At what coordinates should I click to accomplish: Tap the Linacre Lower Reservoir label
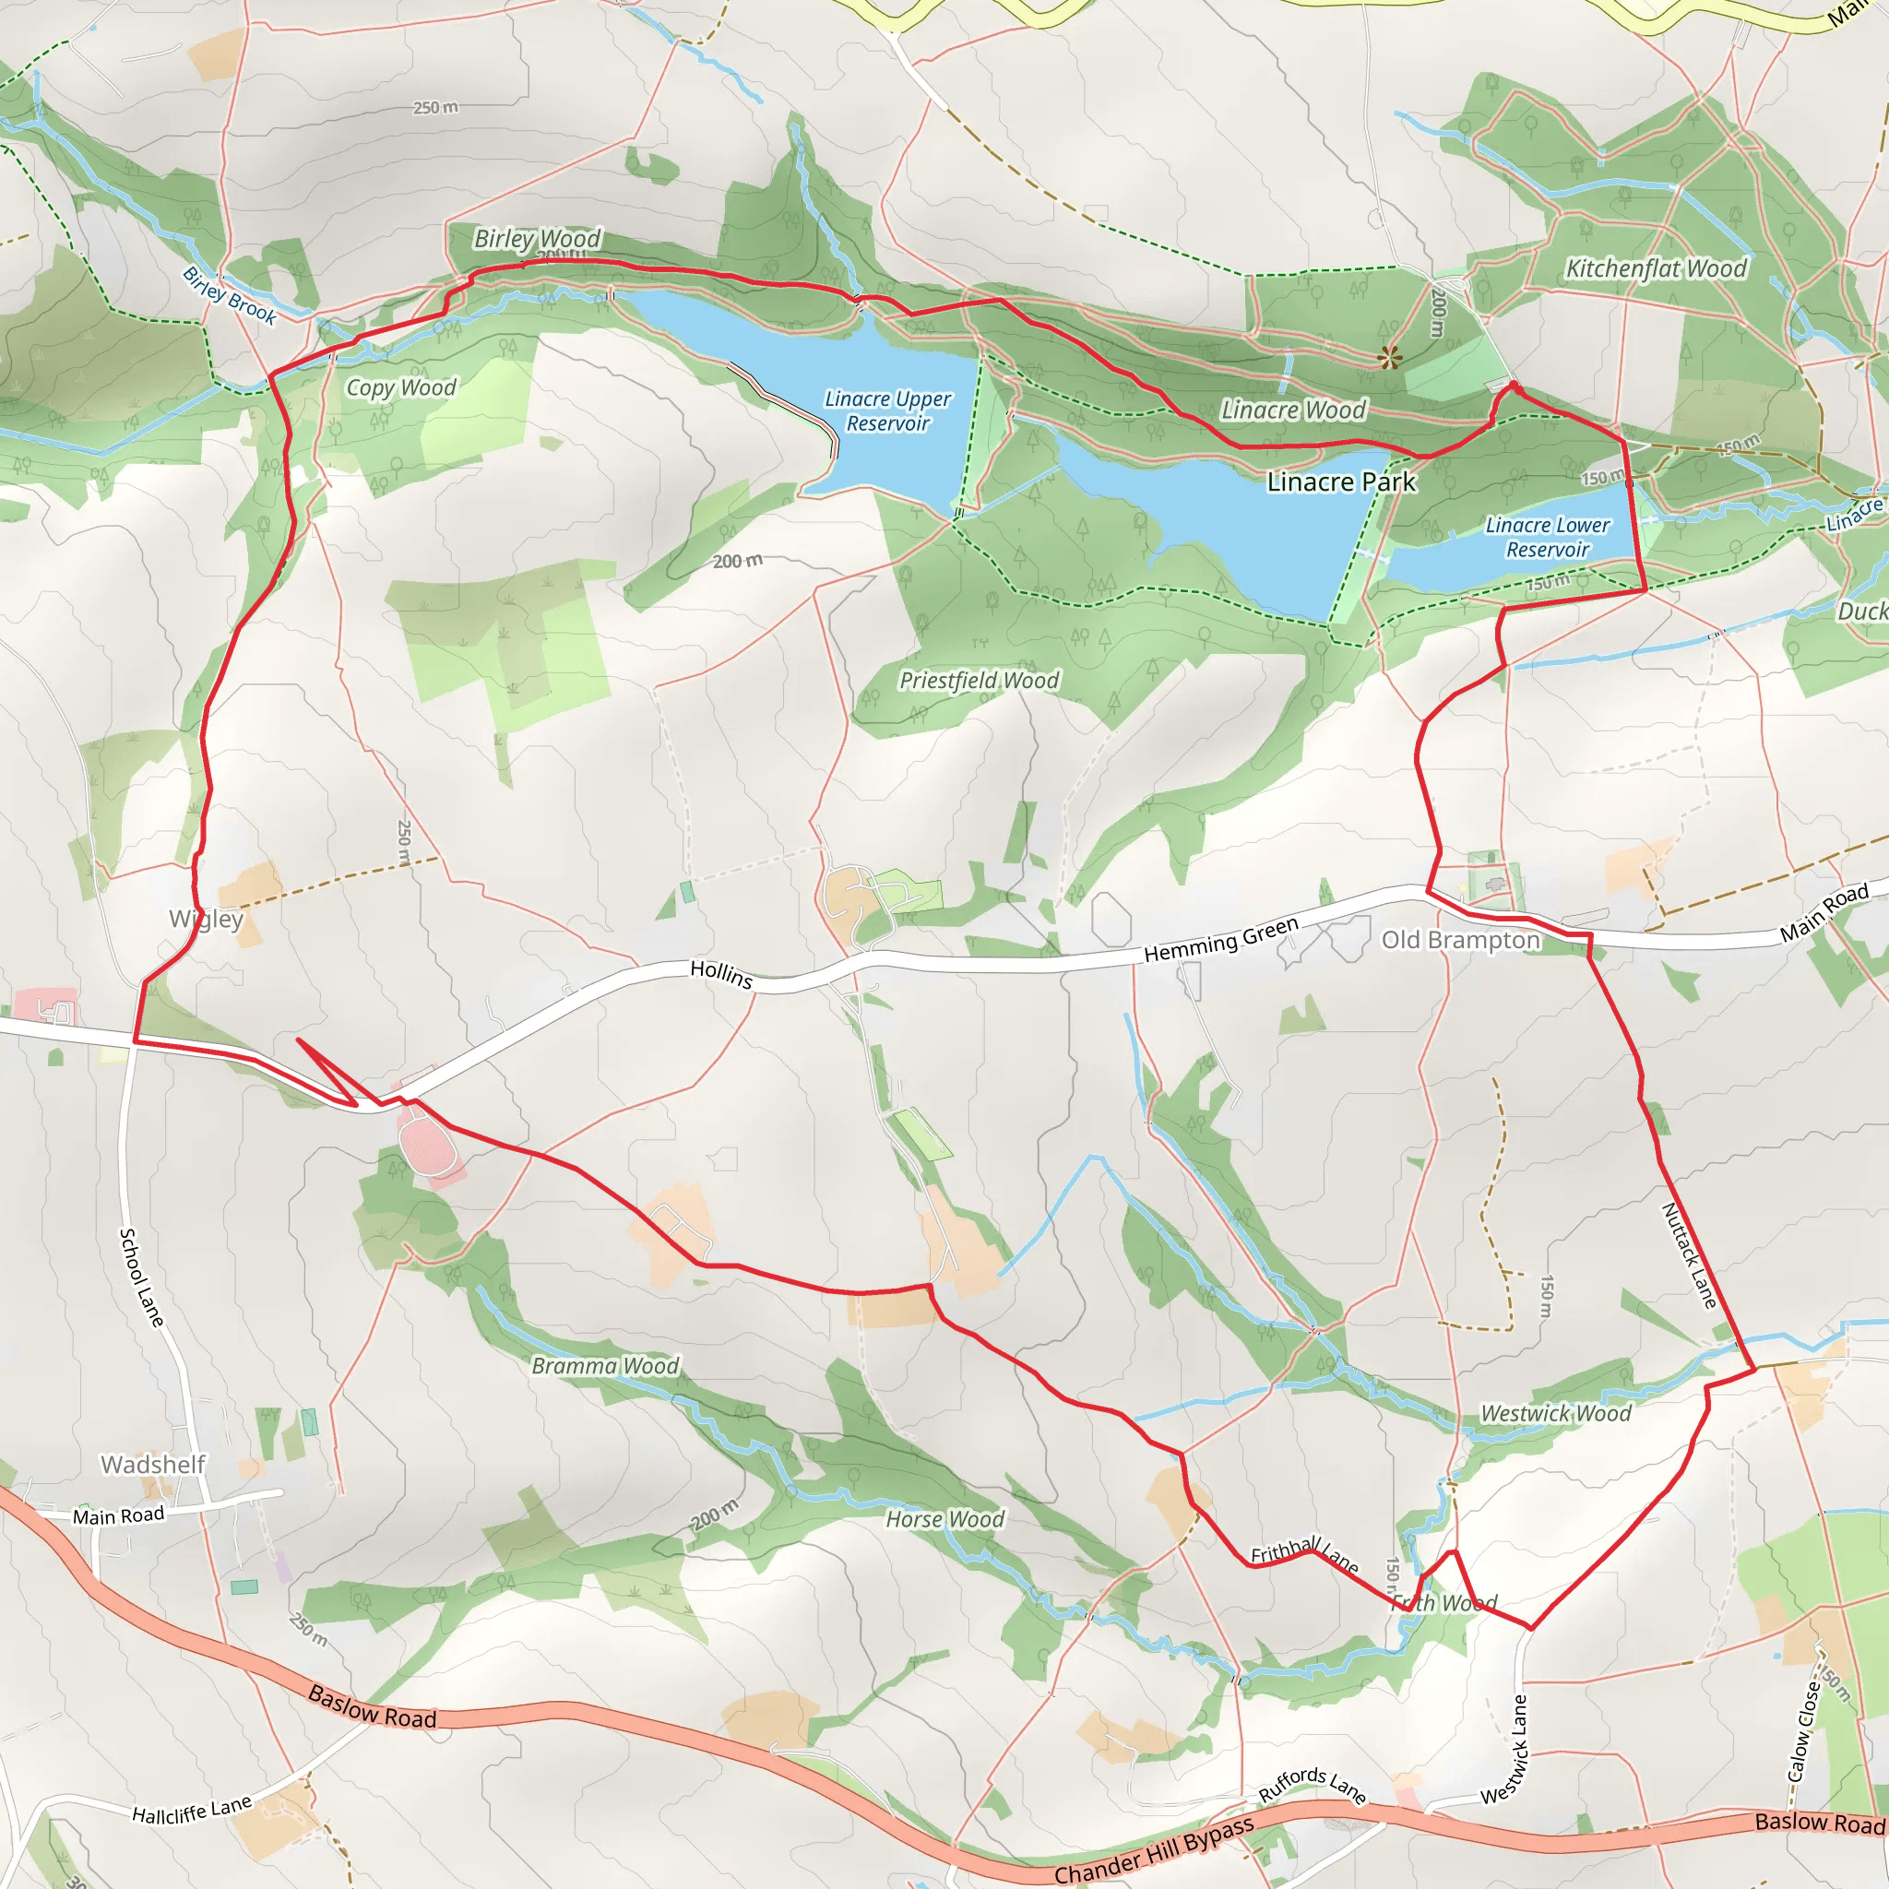(1547, 538)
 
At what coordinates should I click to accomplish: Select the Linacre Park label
(1340, 482)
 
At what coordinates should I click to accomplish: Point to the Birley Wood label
(537, 239)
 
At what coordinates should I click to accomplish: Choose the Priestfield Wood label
(979, 681)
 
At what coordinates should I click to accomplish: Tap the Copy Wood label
(401, 388)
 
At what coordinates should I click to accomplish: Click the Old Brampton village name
(1460, 941)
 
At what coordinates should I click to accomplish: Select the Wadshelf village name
(153, 1465)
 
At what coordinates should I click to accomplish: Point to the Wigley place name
(206, 919)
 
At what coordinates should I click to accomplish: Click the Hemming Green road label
(1221, 939)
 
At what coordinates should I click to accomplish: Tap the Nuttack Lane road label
(1689, 1255)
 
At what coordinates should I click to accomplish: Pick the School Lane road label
(142, 1277)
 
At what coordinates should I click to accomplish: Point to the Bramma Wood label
(605, 1366)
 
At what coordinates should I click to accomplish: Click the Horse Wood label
(944, 1519)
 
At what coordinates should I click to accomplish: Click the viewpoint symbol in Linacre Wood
(1389, 357)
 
